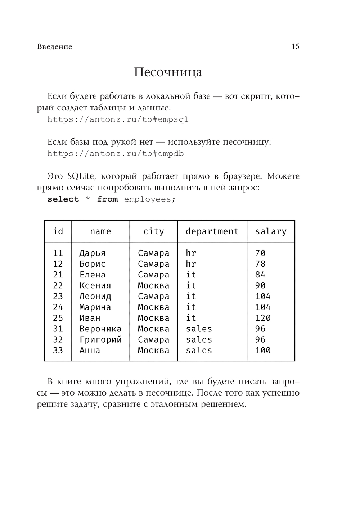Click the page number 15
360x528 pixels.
[x=295, y=46]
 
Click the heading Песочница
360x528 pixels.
[x=168, y=72]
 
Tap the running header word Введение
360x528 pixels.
[x=54, y=47]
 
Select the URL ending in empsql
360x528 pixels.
[x=118, y=119]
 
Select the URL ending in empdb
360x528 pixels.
[x=116, y=154]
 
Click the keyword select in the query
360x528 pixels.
[x=63, y=199]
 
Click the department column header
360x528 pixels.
[x=212, y=231]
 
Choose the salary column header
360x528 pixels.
[x=271, y=231]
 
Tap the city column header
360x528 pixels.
[x=154, y=231]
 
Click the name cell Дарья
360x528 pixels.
[x=93, y=253]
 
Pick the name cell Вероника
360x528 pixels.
[x=100, y=329]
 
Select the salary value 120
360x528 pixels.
[x=263, y=318]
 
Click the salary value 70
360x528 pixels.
[x=260, y=253]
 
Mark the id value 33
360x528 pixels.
[x=58, y=351]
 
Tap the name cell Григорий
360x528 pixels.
[x=100, y=340]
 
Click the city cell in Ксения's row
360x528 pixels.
[x=153, y=286]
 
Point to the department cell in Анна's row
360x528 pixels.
[x=199, y=351]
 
